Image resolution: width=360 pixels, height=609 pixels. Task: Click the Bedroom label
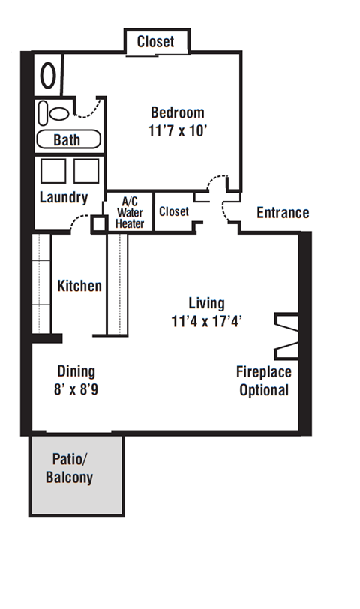point(178,112)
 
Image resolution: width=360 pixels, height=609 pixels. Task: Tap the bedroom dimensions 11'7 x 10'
point(177,130)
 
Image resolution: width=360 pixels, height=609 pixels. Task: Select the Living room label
point(206,303)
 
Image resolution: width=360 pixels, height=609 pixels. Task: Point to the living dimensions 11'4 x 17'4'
point(206,321)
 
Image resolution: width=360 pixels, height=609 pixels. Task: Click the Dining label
point(76,371)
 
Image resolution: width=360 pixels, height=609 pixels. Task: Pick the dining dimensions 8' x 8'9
point(76,389)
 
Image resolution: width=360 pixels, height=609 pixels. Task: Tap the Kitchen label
point(79,286)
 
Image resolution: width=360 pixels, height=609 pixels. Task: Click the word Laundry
point(64,197)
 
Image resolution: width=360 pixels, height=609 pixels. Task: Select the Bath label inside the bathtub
point(67,140)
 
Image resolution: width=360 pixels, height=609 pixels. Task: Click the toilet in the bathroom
point(54,113)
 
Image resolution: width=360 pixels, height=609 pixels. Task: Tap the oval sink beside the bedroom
point(48,75)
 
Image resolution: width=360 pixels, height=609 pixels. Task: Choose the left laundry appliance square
point(53,171)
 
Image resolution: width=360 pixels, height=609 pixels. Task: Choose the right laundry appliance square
point(86,171)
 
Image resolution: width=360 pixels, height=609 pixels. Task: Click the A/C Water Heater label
point(130,213)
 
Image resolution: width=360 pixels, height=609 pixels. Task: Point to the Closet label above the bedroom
point(156,41)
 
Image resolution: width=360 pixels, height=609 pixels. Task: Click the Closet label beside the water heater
point(174,211)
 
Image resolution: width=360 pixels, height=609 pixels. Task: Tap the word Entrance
point(283,213)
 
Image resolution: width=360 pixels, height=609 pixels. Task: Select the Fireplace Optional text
point(264,381)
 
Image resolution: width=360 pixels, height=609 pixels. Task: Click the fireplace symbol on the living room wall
point(286,336)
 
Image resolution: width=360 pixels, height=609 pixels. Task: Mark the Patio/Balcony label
point(70,469)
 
